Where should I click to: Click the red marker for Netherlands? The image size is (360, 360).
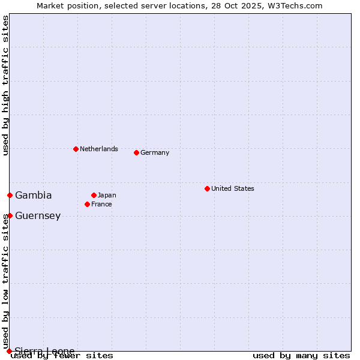click(x=76, y=149)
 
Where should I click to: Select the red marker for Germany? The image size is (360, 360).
click(x=136, y=152)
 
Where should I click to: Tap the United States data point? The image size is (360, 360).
click(x=207, y=188)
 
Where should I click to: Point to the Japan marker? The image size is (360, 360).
click(x=94, y=195)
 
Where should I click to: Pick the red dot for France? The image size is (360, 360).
click(x=87, y=204)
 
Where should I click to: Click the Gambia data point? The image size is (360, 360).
click(x=10, y=195)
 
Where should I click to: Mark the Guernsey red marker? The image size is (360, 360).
click(x=10, y=215)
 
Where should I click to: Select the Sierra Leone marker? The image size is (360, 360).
click(x=9, y=351)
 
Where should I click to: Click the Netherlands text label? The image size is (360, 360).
click(x=99, y=149)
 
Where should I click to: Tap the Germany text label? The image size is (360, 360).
click(x=155, y=152)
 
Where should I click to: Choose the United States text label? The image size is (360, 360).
click(x=233, y=188)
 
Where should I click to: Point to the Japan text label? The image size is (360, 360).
click(x=107, y=195)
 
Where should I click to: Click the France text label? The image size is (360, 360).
click(x=101, y=204)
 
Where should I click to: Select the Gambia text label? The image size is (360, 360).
click(x=34, y=195)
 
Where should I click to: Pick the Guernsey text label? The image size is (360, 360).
click(x=38, y=215)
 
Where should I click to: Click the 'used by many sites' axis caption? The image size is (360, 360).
click(x=301, y=355)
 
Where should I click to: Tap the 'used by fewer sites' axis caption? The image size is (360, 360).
click(x=62, y=355)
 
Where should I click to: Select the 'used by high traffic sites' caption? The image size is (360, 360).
click(x=6, y=85)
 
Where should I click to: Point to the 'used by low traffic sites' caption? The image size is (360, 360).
click(x=6, y=278)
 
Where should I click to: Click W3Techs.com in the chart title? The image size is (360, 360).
click(x=295, y=5)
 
